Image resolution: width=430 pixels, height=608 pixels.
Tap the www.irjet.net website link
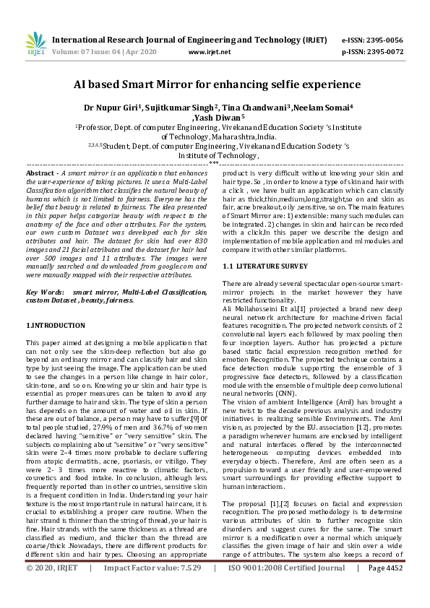210,52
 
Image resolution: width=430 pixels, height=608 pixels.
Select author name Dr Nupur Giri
112,108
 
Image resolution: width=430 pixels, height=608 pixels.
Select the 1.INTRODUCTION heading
55,327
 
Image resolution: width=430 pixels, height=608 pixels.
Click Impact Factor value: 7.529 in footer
152,589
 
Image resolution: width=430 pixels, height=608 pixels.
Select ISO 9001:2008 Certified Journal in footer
287,589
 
